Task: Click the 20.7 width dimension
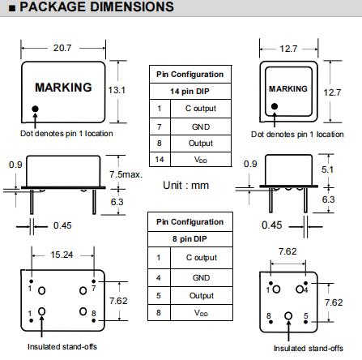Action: pyautogui.click(x=62, y=48)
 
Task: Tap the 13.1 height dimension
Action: pyautogui.click(x=117, y=90)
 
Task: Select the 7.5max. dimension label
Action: pyautogui.click(x=126, y=174)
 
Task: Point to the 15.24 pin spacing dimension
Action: pyautogui.click(x=62, y=255)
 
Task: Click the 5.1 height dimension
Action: pyautogui.click(x=327, y=169)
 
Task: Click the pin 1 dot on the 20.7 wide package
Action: pyautogui.click(x=35, y=109)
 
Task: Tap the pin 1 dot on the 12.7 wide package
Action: pyautogui.click(x=275, y=106)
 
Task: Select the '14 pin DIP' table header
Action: pyautogui.click(x=190, y=92)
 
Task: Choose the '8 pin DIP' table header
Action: pyautogui.click(x=190, y=239)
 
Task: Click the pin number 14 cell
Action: pyautogui.click(x=160, y=160)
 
